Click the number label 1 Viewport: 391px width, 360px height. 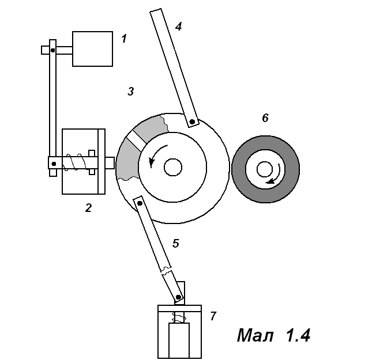(x=123, y=39)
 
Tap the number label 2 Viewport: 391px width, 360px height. (x=88, y=208)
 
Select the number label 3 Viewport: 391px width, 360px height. (x=131, y=92)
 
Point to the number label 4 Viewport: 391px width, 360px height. (x=178, y=26)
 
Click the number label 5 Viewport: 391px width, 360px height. (x=176, y=243)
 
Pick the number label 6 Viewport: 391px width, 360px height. (x=265, y=118)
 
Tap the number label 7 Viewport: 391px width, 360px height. (x=213, y=316)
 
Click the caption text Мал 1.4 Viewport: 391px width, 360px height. (x=273, y=335)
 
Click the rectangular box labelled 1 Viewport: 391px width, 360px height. (x=92, y=49)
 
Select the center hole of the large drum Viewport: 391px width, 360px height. (x=172, y=167)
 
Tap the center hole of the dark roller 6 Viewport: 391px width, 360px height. (x=265, y=169)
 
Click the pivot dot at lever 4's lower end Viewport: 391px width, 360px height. (x=191, y=121)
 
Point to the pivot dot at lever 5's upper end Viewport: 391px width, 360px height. (x=139, y=202)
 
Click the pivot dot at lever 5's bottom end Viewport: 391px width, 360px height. (x=179, y=297)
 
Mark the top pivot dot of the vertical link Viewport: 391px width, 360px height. (x=52, y=50)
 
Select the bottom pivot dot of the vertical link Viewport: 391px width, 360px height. (x=54, y=164)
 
